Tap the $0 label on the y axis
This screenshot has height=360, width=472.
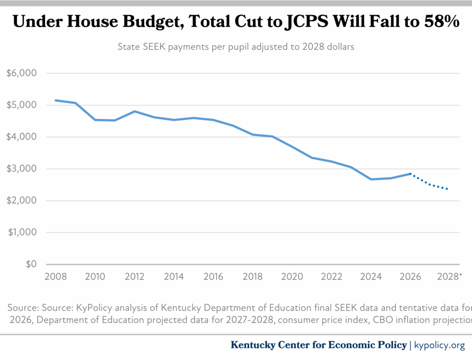[30, 265]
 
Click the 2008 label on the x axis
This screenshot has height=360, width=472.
[55, 277]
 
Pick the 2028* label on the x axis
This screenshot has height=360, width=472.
[449, 277]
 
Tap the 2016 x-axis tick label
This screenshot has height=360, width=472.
[213, 277]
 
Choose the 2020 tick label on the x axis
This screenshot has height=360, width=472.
[292, 277]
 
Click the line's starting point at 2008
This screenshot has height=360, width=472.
[55, 100]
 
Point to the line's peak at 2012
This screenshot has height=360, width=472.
[134, 111]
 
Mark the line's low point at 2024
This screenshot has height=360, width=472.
[371, 179]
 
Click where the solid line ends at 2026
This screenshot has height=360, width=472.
[410, 174]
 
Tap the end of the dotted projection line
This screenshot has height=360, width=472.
[448, 189]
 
